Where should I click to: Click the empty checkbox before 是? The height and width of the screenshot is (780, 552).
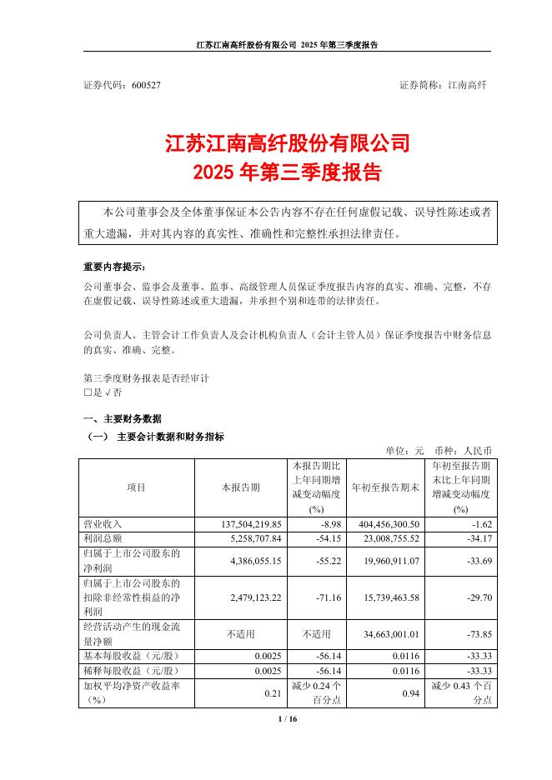[88, 392]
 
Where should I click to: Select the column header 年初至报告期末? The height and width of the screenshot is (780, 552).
[386, 487]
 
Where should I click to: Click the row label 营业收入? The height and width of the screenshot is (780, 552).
[103, 523]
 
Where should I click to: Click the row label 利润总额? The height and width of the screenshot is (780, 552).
[103, 537]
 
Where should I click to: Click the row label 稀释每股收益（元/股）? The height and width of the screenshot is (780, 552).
[132, 668]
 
